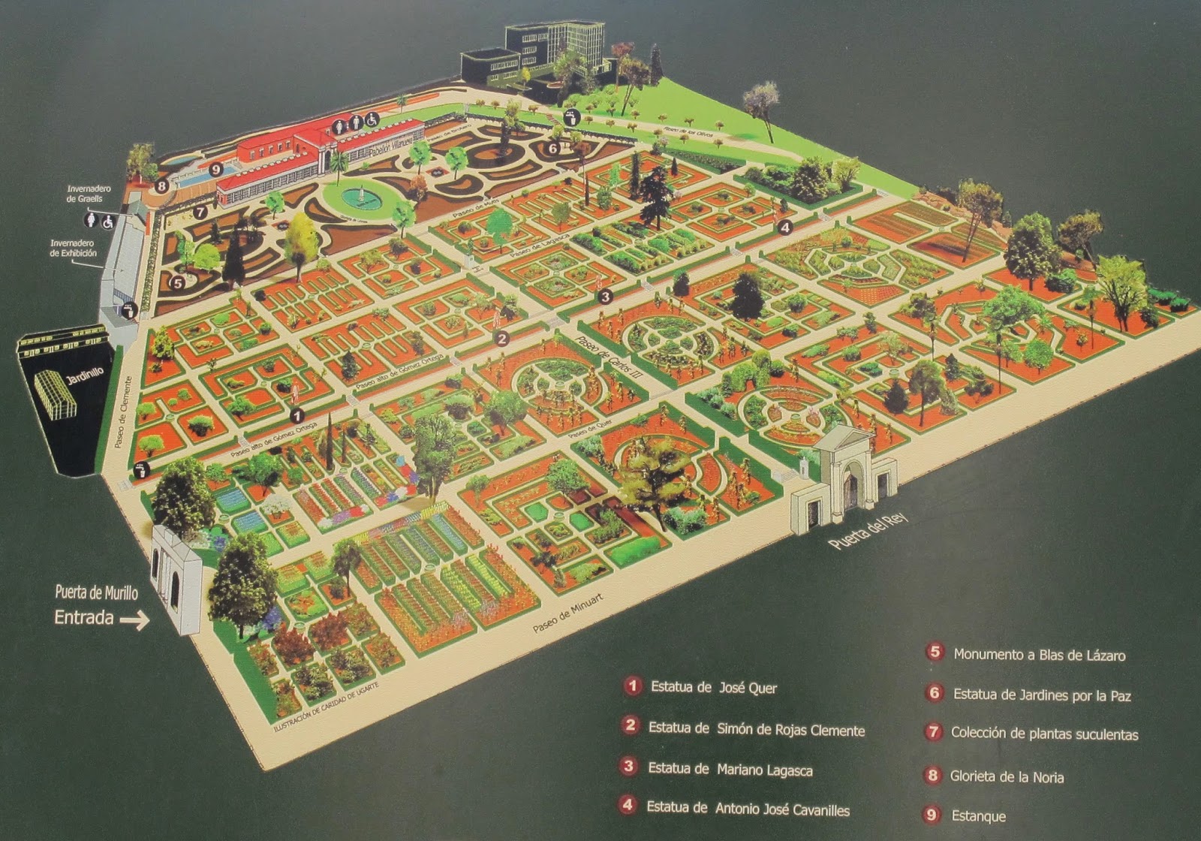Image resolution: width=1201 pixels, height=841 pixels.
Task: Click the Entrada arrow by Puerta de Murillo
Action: coord(134,621)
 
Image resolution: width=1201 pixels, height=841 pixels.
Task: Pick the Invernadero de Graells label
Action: coord(89,194)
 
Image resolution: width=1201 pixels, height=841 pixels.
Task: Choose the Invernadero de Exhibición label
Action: coord(74,248)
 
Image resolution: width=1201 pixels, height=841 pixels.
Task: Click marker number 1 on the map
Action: coord(297,414)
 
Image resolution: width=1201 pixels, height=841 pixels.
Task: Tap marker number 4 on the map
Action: coord(784,226)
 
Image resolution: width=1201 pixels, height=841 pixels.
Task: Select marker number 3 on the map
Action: coord(605,296)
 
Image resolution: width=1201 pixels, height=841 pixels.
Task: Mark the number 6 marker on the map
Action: coord(552,148)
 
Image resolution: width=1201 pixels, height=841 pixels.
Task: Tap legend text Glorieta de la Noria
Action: coord(1007,777)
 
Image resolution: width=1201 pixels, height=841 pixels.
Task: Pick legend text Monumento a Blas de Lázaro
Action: coord(1039,655)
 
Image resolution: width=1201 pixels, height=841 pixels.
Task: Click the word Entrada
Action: coord(83,618)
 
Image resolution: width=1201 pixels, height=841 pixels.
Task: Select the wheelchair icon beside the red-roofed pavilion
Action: coord(372,119)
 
